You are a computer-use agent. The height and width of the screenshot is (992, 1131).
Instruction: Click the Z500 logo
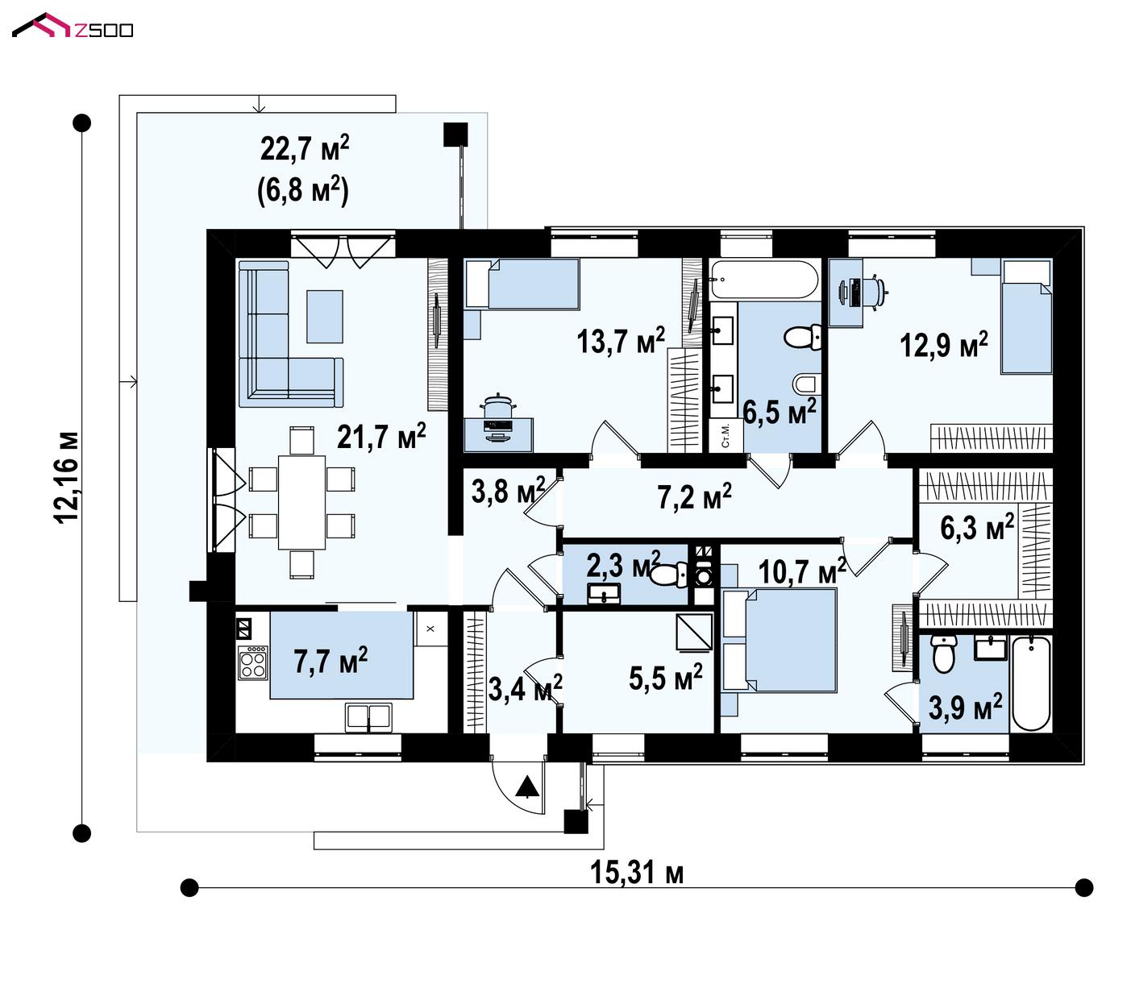coord(73,27)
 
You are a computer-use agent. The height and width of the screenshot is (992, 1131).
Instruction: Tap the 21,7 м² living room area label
coord(381,437)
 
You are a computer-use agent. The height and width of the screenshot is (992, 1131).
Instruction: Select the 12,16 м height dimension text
coord(66,477)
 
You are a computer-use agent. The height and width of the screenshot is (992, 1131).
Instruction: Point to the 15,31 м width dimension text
coord(637,873)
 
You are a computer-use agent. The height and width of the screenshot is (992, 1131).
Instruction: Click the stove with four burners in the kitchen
coord(253,662)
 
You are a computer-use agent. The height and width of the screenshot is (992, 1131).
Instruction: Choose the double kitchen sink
coord(368,717)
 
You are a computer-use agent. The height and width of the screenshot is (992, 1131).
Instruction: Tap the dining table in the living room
coord(301,502)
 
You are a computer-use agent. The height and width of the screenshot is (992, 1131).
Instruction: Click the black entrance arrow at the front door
coord(527,787)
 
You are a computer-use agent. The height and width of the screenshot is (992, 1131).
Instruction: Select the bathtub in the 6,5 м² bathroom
coord(764,280)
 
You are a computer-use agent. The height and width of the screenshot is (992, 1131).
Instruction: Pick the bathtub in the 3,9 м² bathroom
coord(1031,683)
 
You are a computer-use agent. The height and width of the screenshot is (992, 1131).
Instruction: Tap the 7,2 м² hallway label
coord(694,496)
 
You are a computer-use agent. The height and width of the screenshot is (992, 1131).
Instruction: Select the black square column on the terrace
coord(455,135)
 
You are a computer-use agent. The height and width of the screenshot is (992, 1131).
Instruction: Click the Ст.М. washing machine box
coord(726,436)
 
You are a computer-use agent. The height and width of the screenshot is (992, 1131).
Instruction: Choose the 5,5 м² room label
coord(665,678)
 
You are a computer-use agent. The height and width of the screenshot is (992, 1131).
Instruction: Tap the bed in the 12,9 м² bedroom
coord(1026,316)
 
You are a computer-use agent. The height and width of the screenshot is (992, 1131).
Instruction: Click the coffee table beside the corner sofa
coord(324,316)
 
